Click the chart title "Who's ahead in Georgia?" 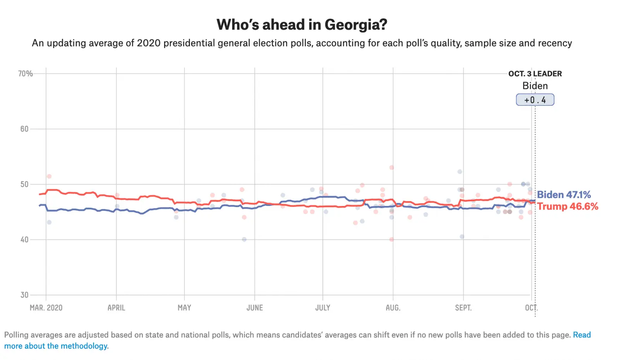(x=302, y=25)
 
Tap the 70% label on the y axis (x=26, y=74)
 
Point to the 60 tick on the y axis (x=24, y=129)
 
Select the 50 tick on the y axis (x=24, y=184)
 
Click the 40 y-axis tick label (x=24, y=240)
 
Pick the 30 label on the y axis (x=24, y=295)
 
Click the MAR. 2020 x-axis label (x=46, y=308)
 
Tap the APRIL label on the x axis (x=116, y=308)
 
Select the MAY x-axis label (x=184, y=308)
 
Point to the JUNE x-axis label (x=255, y=308)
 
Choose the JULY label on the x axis (x=323, y=308)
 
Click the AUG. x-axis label (x=393, y=308)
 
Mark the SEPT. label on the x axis (x=463, y=308)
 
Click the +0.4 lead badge (x=535, y=100)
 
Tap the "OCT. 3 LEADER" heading (x=535, y=74)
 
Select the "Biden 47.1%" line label (x=564, y=195)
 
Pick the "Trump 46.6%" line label (x=568, y=206)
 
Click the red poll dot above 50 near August (x=392, y=168)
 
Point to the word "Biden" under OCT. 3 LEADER (x=535, y=86)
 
